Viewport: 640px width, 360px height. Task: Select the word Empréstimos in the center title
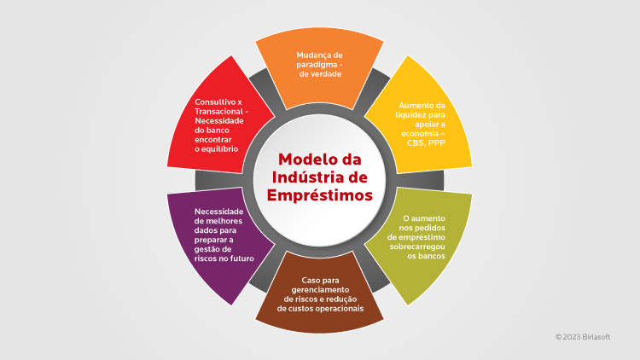320,195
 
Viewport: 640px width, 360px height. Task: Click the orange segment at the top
319,68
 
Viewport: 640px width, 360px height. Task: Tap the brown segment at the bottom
319,293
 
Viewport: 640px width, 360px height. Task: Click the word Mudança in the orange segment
314,55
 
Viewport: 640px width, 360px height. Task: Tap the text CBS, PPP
426,143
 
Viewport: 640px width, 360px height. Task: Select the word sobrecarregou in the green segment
417,247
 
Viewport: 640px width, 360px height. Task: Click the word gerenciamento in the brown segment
320,290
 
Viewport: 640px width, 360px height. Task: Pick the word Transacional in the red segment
218,112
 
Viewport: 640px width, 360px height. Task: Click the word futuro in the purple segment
242,258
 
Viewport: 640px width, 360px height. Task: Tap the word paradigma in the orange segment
317,65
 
